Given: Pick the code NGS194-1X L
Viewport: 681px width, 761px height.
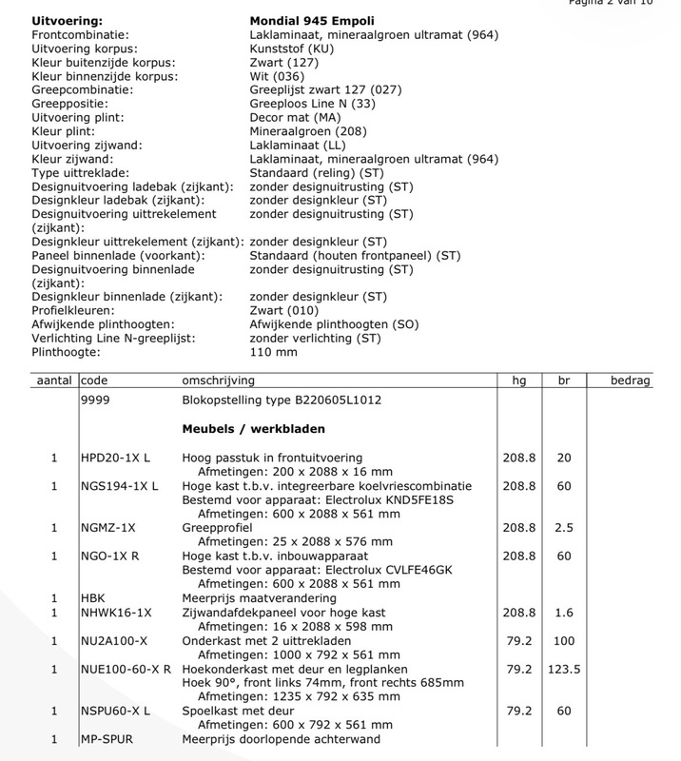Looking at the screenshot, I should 120,486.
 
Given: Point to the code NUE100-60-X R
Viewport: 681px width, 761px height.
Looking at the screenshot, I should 126,670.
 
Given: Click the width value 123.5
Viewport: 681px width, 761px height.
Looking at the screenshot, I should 563,670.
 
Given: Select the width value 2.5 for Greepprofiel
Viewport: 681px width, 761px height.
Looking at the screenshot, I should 563,528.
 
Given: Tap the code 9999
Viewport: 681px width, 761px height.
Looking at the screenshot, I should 97,400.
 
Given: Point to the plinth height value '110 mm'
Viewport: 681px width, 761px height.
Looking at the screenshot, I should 273,352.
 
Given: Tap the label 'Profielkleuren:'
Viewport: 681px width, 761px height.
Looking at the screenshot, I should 60,310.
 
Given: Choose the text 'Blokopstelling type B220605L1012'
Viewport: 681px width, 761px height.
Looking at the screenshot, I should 282,400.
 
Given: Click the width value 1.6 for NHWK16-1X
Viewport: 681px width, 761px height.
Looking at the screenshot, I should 563,614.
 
